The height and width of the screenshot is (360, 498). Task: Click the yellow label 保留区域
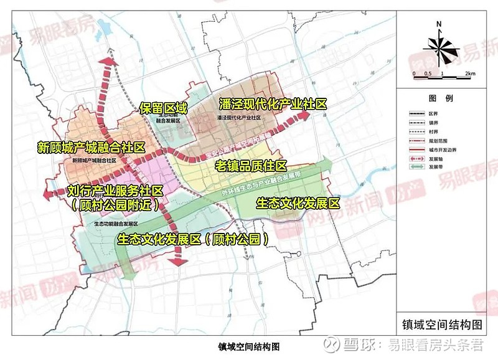click(x=164, y=108)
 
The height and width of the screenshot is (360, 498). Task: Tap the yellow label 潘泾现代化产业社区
click(x=272, y=105)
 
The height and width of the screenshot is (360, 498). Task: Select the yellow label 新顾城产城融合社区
click(x=91, y=148)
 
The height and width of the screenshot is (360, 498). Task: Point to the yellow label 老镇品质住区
click(x=251, y=166)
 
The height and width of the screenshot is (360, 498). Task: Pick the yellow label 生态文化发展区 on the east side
click(x=298, y=203)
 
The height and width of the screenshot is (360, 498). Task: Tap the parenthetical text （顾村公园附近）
click(x=115, y=204)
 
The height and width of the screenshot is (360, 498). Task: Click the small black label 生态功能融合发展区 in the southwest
click(x=116, y=222)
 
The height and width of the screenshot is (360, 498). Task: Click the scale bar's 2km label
click(x=470, y=73)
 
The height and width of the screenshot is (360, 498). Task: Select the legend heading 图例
click(x=440, y=98)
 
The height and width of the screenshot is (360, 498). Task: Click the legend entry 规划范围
click(x=436, y=141)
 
